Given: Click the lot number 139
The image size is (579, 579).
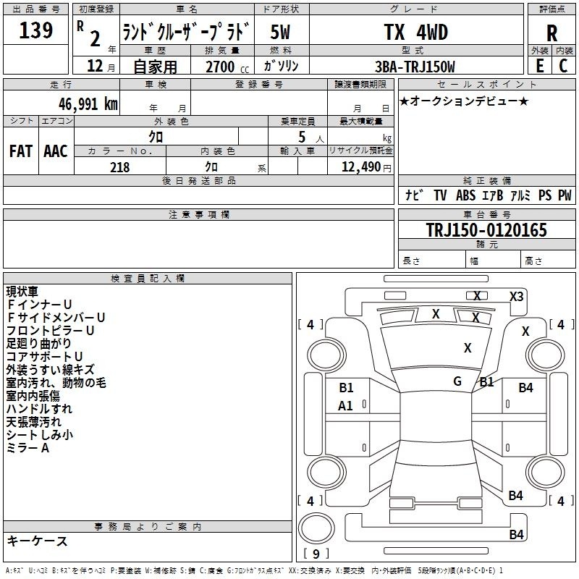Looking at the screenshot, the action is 35,30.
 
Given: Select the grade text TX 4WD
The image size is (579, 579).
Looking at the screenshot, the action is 415,32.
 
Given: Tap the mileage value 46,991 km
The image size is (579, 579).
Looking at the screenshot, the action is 88,104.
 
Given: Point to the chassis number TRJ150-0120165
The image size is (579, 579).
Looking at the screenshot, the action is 486,230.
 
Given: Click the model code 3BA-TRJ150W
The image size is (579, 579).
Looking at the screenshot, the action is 415,67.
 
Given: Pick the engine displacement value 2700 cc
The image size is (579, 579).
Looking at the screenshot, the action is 227,67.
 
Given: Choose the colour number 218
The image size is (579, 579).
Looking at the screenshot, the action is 119,167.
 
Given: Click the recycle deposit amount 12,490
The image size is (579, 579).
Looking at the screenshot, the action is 360,167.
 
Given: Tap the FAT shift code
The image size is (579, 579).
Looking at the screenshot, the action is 21,151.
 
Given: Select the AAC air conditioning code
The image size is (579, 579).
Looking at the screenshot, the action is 56,151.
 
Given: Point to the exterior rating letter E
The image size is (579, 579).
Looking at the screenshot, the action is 539,66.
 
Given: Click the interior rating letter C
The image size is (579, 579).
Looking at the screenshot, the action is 563,66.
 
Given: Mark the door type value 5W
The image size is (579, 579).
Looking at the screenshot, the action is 280,32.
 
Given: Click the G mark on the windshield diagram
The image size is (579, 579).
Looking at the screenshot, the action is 457,381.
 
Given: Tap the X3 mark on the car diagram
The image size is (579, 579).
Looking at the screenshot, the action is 516,297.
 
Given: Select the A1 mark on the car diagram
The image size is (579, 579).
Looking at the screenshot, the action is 345,406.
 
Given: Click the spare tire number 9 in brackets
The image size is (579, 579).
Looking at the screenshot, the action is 316,554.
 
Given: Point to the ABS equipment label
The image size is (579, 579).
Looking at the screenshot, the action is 465,195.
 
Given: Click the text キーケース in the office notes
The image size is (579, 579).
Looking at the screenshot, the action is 38,541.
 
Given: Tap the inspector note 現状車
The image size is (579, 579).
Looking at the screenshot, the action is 22,292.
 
